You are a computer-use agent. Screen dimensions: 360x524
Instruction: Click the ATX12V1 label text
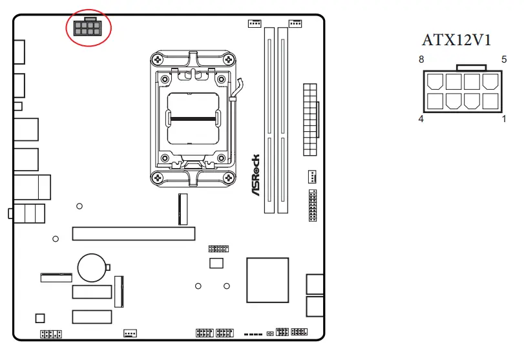click(x=457, y=40)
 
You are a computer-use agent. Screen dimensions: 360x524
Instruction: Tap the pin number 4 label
click(x=421, y=119)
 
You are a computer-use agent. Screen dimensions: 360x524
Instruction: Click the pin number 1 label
click(x=504, y=119)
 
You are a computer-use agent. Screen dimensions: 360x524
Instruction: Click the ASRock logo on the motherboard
click(x=255, y=175)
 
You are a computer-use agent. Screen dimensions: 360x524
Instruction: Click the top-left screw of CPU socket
click(x=158, y=59)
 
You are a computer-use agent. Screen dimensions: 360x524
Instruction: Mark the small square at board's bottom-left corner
click(x=40, y=318)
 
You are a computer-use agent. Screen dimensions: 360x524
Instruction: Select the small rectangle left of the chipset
click(x=216, y=262)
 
